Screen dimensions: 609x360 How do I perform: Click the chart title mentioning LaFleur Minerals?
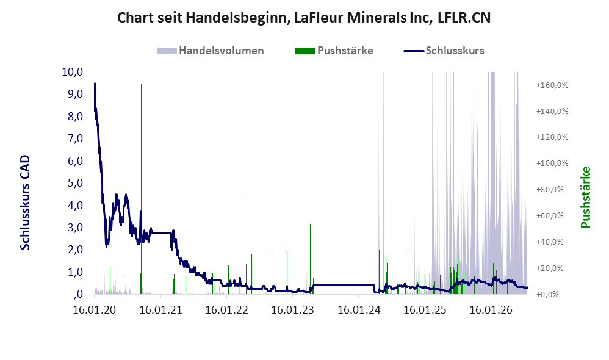pos(304,18)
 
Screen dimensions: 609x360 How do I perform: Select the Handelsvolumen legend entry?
pos(211,51)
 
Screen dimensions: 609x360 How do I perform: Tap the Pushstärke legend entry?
pos(334,51)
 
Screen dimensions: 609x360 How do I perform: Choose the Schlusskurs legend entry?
pos(444,51)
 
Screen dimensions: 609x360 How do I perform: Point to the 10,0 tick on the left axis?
pos(73,72)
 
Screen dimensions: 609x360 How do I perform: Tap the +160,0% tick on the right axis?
pos(552,85)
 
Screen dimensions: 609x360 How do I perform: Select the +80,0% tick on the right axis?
pos(552,190)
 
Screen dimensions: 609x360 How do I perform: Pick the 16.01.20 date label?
pos(95,310)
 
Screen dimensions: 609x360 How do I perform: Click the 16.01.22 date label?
pos(226,310)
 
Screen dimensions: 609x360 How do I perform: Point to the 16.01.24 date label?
pos(359,310)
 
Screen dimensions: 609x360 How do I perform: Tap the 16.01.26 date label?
pos(491,310)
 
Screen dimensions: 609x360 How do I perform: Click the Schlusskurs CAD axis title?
pos(25,202)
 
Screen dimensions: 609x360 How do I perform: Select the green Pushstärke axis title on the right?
pos(586,197)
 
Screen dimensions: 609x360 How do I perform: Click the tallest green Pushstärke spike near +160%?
pos(141,189)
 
